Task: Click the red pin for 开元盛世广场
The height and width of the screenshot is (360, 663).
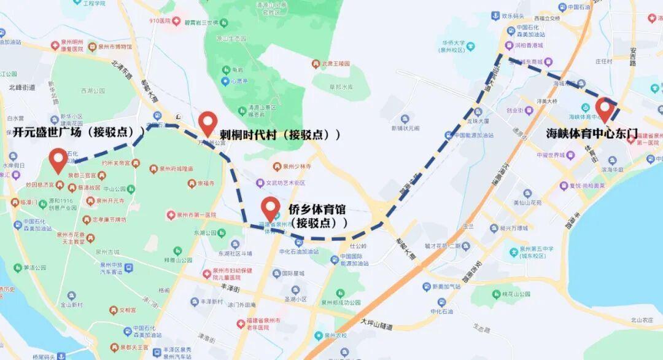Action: point(59,160)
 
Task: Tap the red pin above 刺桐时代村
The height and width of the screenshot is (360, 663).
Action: point(208,123)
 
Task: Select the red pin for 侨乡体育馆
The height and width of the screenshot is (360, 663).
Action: point(271,209)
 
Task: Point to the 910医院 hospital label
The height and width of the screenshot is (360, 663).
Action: point(159,22)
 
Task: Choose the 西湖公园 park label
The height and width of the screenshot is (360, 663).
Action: point(93,91)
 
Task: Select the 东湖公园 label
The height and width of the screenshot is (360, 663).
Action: point(206,233)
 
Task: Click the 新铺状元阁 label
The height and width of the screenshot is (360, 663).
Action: point(405,128)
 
